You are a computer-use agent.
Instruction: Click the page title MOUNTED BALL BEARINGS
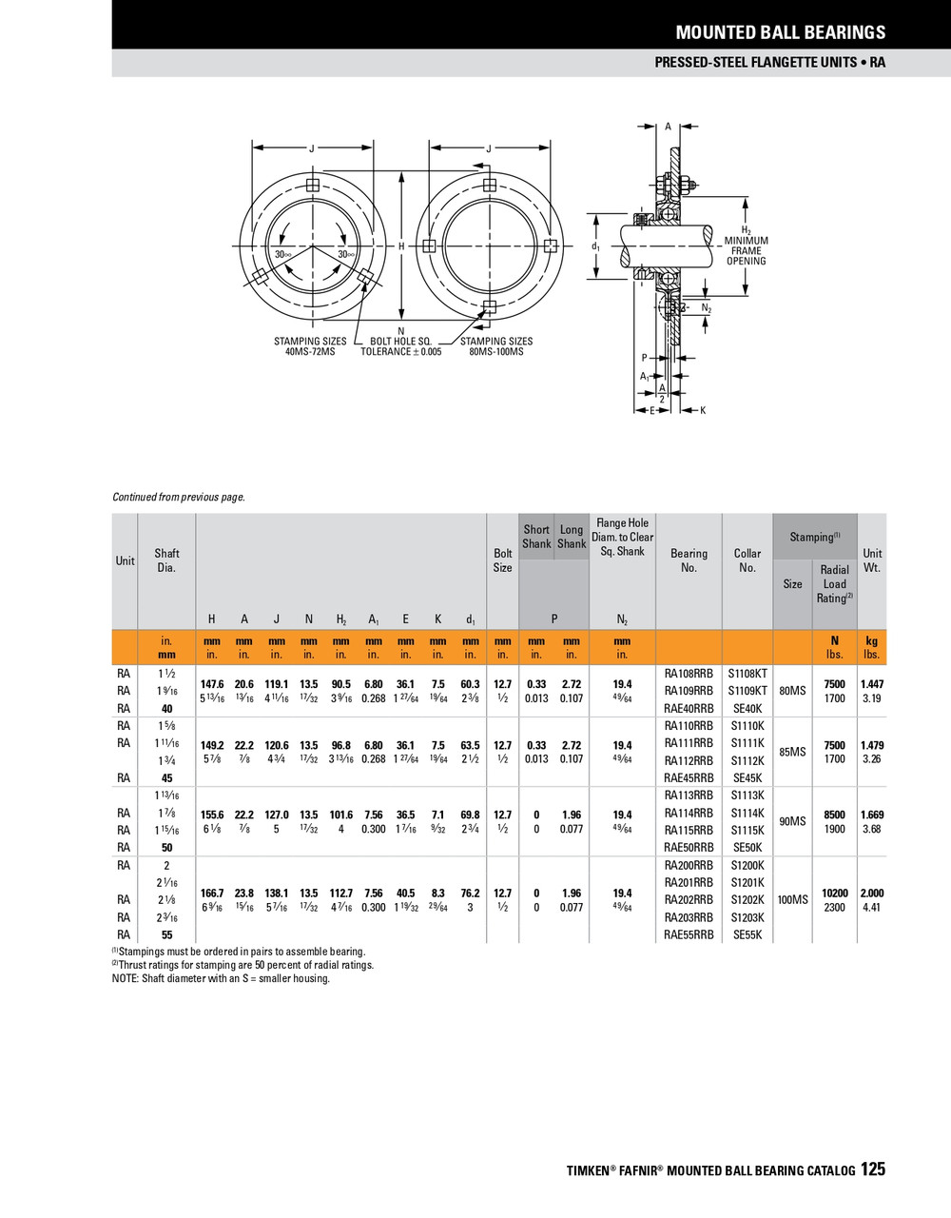point(780,32)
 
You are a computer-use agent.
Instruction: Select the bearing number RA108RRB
point(689,673)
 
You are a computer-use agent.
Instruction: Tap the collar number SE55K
point(747,935)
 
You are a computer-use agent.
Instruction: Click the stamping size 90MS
point(792,821)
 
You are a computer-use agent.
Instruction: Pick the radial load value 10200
point(834,894)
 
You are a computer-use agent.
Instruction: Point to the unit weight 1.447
point(871,684)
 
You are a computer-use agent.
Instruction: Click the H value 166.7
point(212,894)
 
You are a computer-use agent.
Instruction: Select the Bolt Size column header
point(502,560)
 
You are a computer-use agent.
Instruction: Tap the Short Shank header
point(536,537)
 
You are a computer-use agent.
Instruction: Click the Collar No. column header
point(747,560)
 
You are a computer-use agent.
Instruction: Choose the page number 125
point(873,1169)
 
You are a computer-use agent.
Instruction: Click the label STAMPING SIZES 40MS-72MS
point(310,346)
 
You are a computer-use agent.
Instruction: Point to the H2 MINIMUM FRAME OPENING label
point(747,246)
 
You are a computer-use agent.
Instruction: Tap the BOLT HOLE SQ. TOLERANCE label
point(400,346)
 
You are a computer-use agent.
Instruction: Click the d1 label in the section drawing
point(595,246)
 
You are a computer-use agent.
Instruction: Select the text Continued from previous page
point(179,497)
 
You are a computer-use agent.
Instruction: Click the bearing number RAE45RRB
point(689,777)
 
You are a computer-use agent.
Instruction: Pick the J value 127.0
point(277,815)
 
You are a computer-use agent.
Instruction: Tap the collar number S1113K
point(747,796)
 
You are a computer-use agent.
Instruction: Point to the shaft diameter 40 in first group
point(167,708)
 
